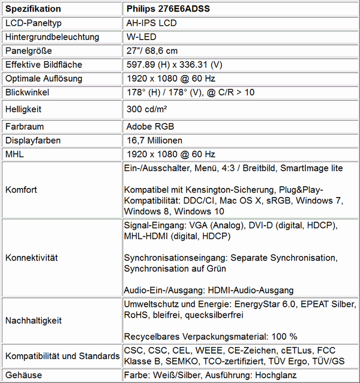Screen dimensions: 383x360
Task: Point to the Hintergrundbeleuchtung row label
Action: (x=52, y=37)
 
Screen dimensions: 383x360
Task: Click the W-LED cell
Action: (x=139, y=37)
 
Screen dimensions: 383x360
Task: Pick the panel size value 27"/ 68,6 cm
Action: (x=152, y=50)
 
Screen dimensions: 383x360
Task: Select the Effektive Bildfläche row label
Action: (x=43, y=64)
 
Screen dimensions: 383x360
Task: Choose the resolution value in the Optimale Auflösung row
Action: (x=170, y=78)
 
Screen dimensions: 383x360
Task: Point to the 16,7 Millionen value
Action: (x=154, y=140)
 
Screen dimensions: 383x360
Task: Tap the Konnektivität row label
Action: (x=31, y=258)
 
